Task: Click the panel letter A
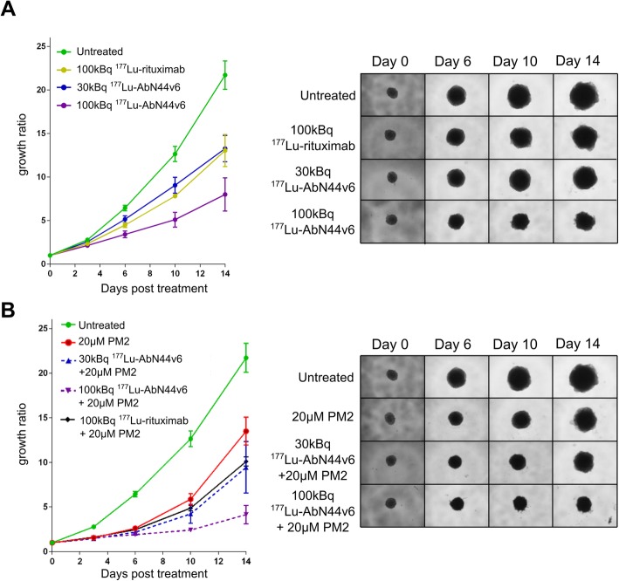click(x=10, y=10)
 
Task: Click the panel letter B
click(x=10, y=309)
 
